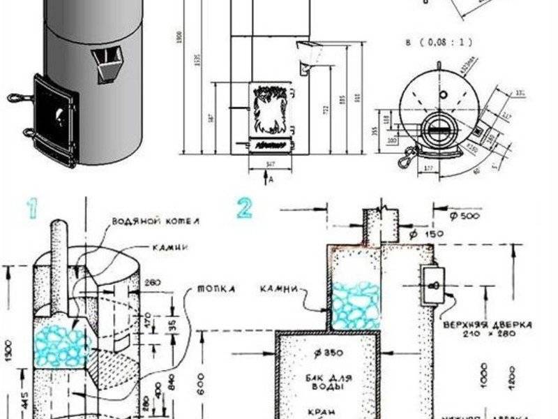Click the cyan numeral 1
coord(31,207)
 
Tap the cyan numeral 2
coord(243,207)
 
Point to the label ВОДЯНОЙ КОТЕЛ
coord(146,221)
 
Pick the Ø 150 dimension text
coord(428,233)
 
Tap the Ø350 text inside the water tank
coord(328,352)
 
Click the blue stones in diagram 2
coord(355,305)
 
